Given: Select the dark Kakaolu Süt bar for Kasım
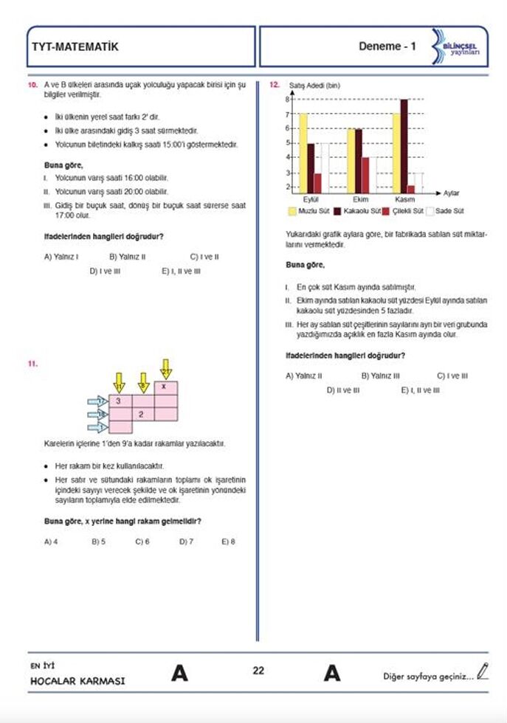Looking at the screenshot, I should pyautogui.click(x=404, y=145).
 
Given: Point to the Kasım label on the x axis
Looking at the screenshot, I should pyautogui.click(x=405, y=199).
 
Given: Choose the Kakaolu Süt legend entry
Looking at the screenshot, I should pyautogui.click(x=358, y=211).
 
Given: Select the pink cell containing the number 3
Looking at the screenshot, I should pyautogui.click(x=120, y=401).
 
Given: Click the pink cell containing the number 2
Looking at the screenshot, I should pyautogui.click(x=142, y=414).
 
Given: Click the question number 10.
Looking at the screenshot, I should pyautogui.click(x=32, y=86).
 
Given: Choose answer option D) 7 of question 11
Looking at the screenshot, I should pyautogui.click(x=186, y=541).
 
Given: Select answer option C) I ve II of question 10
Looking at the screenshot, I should pyautogui.click(x=204, y=257).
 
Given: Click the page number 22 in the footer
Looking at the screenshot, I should pyautogui.click(x=258, y=671).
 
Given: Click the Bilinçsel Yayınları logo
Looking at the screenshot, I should pyautogui.click(x=457, y=46).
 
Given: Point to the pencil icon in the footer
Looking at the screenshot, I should pyautogui.click(x=483, y=671).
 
